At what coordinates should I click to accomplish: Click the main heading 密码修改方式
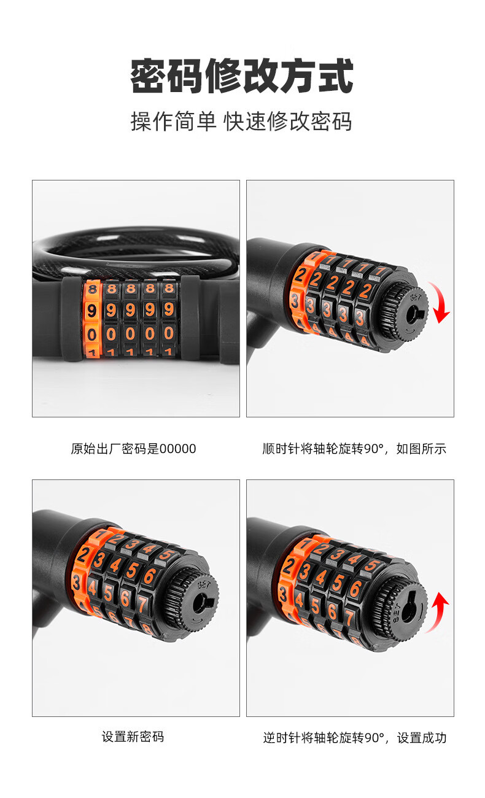coord(242,76)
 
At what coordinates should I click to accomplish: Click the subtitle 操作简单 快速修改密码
coord(241,121)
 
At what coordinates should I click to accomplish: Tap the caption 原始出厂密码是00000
coord(133,449)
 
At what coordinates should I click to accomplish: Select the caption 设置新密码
coord(133,737)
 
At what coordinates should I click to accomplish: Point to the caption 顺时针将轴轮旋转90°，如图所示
coord(354,449)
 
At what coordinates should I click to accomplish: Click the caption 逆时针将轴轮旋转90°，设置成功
coord(355,737)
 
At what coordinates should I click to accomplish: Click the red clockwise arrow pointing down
coord(440,302)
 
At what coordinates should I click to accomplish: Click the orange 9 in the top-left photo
coord(91,311)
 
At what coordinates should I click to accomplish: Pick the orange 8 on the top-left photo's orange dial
coord(92,289)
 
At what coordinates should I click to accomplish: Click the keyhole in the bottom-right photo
coord(407,606)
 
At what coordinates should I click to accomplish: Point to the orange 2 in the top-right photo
coord(300,276)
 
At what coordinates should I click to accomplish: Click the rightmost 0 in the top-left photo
coord(169,333)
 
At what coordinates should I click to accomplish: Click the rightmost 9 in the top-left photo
coord(169,309)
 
